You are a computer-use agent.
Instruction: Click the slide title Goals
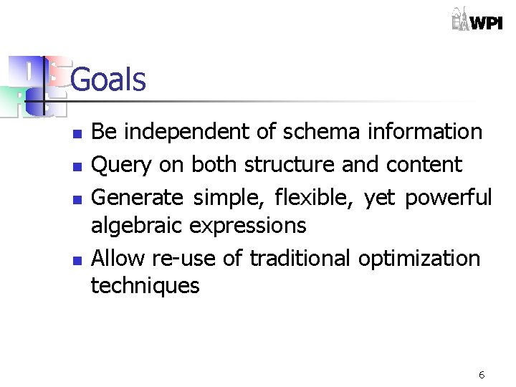pos(108,80)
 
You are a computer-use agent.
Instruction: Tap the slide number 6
pos(482,375)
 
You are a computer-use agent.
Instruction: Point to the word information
pos(424,132)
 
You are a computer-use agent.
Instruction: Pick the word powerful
pos(449,196)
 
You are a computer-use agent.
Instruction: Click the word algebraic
pos(137,226)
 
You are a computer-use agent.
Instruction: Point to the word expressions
pos(248,226)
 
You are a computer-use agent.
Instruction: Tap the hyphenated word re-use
pos(182,257)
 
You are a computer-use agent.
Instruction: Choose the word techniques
pos(145,287)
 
